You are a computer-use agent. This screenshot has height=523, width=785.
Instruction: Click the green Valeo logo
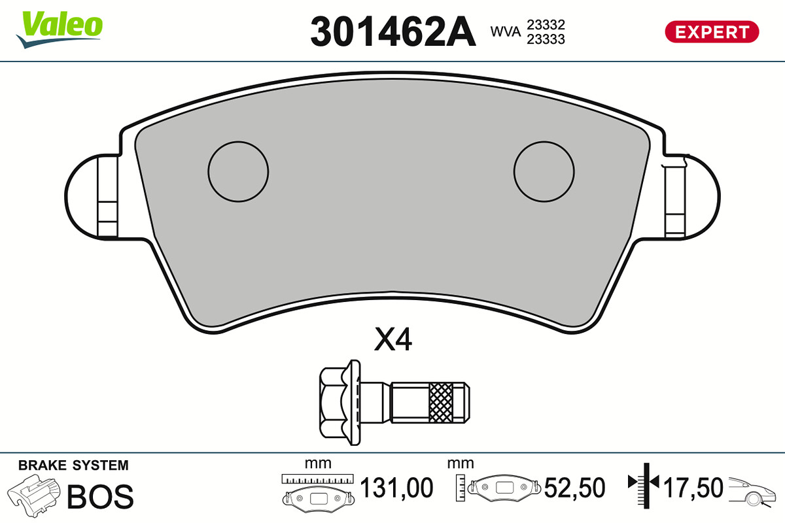click(x=60, y=29)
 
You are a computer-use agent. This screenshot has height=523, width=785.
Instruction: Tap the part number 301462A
click(x=393, y=31)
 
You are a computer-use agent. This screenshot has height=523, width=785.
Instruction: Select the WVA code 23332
click(x=546, y=25)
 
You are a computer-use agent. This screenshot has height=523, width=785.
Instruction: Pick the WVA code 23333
click(x=546, y=39)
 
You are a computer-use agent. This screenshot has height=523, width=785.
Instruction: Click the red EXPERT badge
click(x=712, y=32)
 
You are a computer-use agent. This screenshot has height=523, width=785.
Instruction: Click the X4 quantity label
click(x=393, y=339)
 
